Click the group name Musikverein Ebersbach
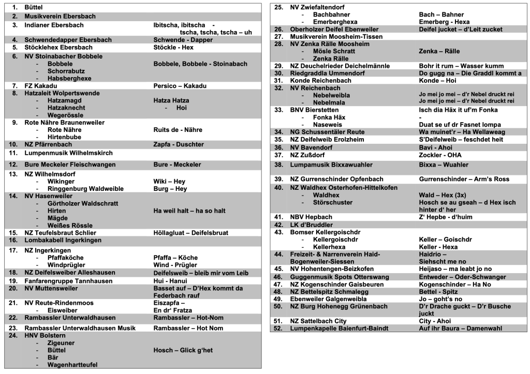(x=60, y=17)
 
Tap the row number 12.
(x=14, y=164)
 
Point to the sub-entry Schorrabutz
(x=66, y=71)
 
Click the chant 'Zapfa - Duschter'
(x=179, y=144)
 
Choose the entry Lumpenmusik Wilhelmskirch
(x=69, y=153)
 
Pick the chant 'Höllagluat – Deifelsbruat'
(x=191, y=233)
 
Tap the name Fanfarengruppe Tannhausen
(x=68, y=281)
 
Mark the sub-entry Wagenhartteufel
(x=72, y=365)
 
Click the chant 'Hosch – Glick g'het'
(x=183, y=350)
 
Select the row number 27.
(x=278, y=37)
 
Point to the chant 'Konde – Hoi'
(x=438, y=81)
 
